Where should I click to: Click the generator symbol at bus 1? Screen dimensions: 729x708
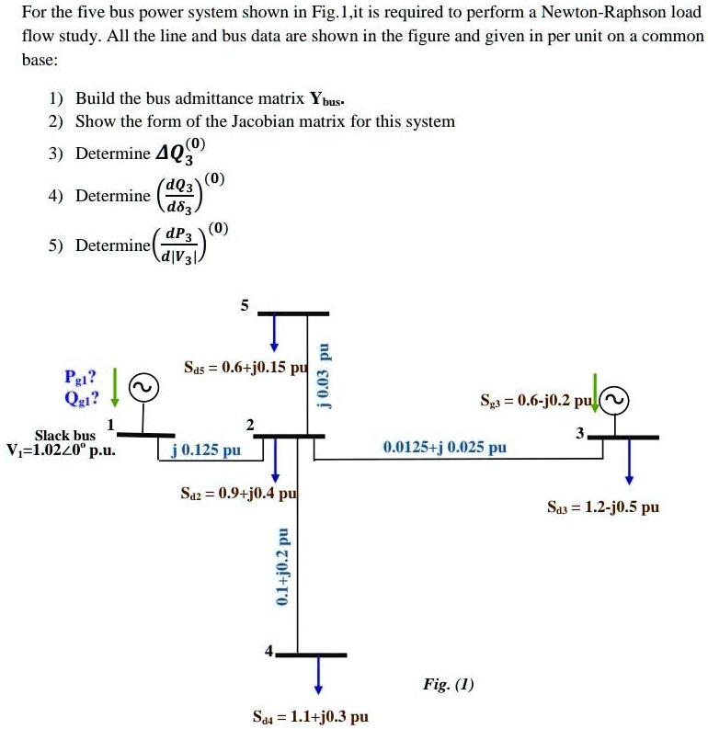coord(143,389)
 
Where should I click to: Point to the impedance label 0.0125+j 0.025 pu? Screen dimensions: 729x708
coord(445,448)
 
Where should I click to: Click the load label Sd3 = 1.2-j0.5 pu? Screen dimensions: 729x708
coord(603,507)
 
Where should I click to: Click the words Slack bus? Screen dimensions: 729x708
coord(65,435)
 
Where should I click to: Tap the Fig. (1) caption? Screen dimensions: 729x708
coord(449,684)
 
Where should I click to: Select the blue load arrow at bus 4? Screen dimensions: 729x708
coord(318,674)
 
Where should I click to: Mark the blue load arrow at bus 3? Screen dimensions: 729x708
coord(629,461)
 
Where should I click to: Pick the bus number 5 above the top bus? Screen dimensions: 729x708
coord(244,307)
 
